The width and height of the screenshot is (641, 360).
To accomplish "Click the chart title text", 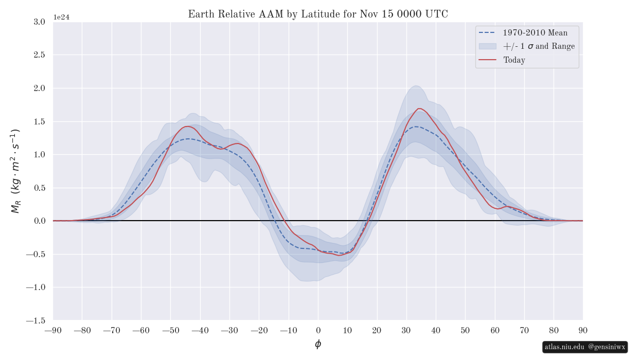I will point(318,14).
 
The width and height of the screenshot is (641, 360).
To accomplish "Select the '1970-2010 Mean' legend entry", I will point(535,33).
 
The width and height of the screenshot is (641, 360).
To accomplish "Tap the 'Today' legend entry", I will point(514,60).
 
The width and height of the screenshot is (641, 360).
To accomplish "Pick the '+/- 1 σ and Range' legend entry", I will point(539,46).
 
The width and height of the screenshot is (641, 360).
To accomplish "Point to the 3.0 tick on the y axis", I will point(39,22).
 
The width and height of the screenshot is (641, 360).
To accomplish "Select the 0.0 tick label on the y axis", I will point(39,221).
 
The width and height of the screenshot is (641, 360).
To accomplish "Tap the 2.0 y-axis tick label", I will point(39,88).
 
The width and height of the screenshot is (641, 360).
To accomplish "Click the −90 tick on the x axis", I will point(52,330).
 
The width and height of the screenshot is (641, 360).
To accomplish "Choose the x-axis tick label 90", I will point(583,330).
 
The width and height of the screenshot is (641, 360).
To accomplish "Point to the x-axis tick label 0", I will point(318,330).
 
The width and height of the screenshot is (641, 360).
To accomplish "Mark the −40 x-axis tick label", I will point(200,330).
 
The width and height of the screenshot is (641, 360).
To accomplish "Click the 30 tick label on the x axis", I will point(406,330).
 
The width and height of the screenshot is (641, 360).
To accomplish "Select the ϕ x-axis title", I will point(318,344).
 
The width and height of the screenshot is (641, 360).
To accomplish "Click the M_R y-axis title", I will point(15,171).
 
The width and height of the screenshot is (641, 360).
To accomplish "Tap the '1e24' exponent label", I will point(61,17).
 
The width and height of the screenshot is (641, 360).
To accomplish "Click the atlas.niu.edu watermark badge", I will point(585,347).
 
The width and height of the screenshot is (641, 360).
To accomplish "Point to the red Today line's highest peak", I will point(419,109).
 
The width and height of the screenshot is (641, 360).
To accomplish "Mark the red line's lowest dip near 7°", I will point(339,255).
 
